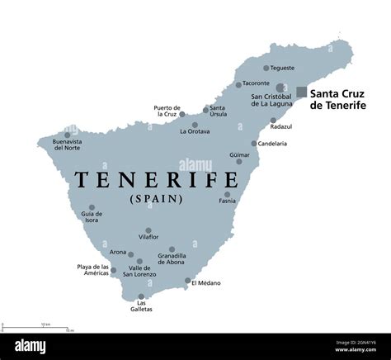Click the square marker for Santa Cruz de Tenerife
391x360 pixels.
302,92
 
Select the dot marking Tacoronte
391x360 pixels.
238,84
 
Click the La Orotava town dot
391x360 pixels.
196,124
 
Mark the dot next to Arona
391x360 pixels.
130,254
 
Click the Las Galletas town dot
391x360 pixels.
141,297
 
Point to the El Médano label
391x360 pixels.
206,282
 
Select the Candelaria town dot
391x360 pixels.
254,143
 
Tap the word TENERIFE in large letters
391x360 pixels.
145,178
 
